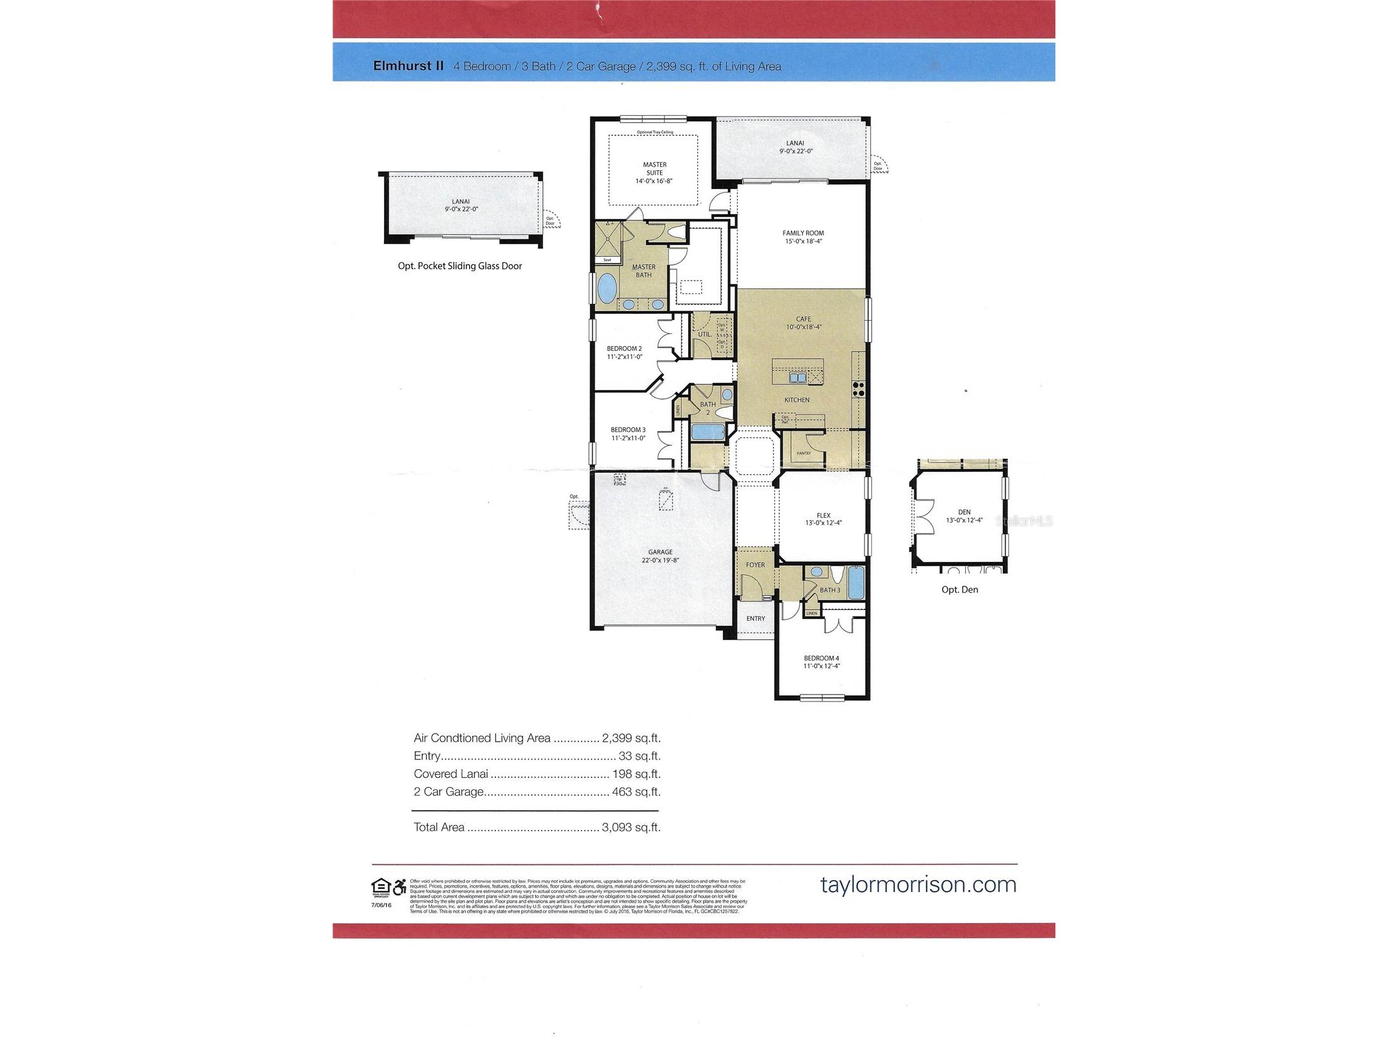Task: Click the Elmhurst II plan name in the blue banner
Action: [408, 66]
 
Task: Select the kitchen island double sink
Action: [797, 378]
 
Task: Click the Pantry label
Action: [803, 453]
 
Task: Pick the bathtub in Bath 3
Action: [855, 583]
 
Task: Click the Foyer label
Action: [755, 565]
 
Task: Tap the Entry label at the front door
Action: [755, 619]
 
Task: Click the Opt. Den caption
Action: [960, 590]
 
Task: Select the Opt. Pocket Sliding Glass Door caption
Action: [459, 266]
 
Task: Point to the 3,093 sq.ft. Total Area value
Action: [631, 827]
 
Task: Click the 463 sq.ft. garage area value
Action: [636, 791]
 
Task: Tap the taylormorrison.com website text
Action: [918, 884]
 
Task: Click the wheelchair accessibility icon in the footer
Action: [399, 888]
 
